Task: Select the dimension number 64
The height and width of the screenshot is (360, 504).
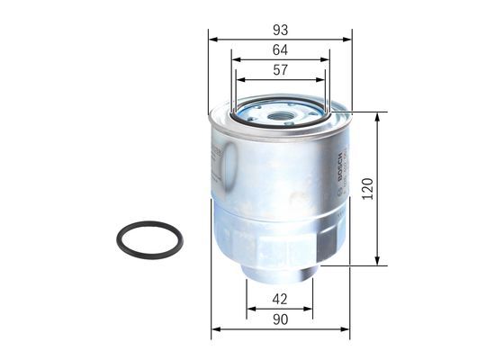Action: click(280, 49)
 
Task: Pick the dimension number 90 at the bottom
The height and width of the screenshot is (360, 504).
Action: click(280, 319)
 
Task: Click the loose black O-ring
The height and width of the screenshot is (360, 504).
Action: click(149, 238)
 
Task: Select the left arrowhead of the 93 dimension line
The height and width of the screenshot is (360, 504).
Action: click(212, 40)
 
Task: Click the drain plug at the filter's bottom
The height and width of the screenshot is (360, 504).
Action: click(280, 270)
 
